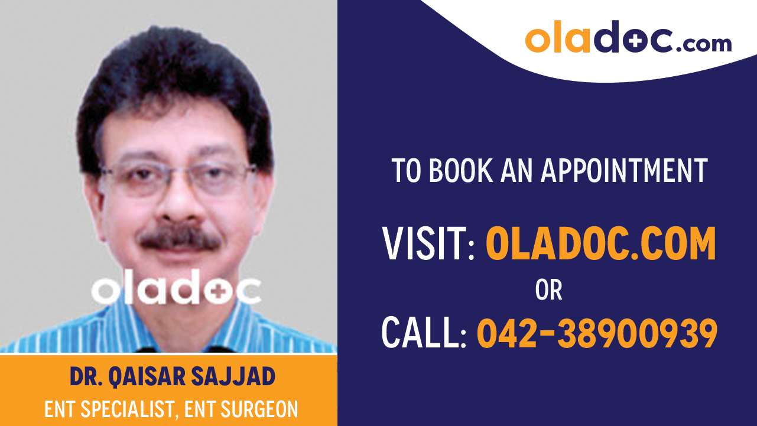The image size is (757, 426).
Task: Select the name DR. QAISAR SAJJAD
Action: coord(173,376)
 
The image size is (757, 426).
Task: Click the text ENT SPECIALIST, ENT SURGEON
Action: coord(171,409)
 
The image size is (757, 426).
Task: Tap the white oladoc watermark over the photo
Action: coord(176,290)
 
